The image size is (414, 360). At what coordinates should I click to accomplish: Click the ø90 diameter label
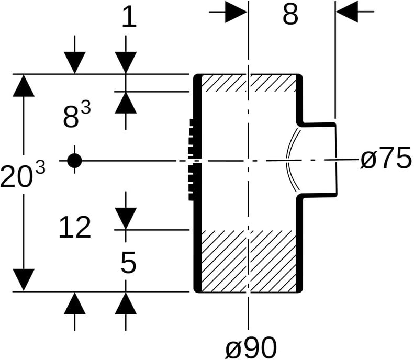pyautogui.click(x=251, y=347)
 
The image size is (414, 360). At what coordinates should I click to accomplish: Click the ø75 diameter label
pyautogui.click(x=386, y=159)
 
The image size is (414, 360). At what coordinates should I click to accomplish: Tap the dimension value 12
pyautogui.click(x=75, y=228)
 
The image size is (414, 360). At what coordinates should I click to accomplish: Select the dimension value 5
pyautogui.click(x=128, y=262)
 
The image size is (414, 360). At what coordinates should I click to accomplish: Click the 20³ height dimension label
pyautogui.click(x=23, y=175)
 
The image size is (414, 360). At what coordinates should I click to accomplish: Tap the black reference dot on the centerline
pyautogui.click(x=75, y=161)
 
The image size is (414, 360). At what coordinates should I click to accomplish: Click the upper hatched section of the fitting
pyautogui.click(x=248, y=83)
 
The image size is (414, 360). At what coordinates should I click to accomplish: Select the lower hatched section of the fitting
pyautogui.click(x=248, y=261)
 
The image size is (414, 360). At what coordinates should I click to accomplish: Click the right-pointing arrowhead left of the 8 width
pyautogui.click(x=236, y=12)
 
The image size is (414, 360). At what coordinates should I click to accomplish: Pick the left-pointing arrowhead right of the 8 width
pyautogui.click(x=347, y=12)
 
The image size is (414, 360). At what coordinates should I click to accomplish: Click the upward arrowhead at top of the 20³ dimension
pyautogui.click(x=24, y=86)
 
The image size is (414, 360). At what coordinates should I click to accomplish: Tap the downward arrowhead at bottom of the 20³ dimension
pyautogui.click(x=24, y=280)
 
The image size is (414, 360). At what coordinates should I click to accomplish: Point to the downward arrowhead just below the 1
pyautogui.click(x=126, y=63)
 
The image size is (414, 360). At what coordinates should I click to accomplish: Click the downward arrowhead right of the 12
pyautogui.click(x=126, y=219)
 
